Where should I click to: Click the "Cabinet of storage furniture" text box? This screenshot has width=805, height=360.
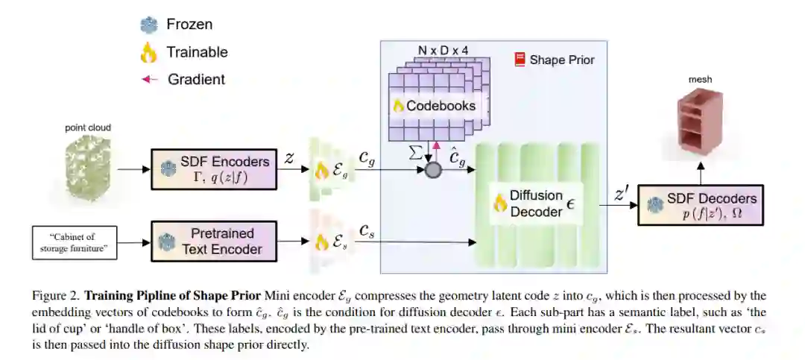(x=75, y=243)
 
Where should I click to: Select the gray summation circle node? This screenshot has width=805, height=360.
(x=433, y=169)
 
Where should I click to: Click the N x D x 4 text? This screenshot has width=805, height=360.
(x=443, y=51)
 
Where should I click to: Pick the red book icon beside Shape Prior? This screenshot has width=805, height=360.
(x=520, y=59)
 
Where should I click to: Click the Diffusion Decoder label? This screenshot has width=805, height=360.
(x=536, y=203)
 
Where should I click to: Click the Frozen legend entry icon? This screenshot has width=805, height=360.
(x=148, y=25)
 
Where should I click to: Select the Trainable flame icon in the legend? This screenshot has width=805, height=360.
(x=148, y=51)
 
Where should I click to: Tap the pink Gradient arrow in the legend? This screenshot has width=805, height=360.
(x=149, y=79)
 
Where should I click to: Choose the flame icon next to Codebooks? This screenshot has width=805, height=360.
(x=398, y=106)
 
